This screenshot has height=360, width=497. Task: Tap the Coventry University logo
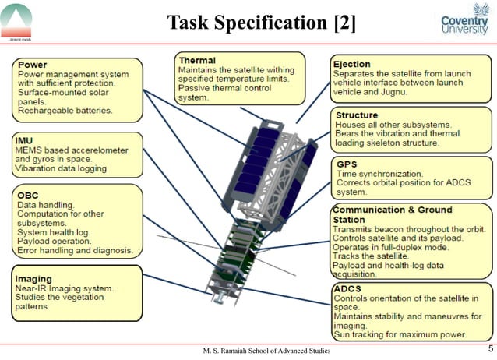click(x=464, y=23)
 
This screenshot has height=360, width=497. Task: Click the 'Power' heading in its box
click(x=32, y=65)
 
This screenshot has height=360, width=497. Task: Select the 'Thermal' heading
click(x=197, y=60)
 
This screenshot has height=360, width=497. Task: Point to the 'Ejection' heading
click(x=352, y=64)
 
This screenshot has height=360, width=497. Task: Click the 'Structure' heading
click(x=357, y=115)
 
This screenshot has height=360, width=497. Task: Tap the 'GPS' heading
click(x=347, y=164)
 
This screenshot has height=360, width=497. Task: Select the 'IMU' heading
click(x=25, y=139)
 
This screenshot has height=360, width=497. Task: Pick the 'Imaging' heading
click(x=34, y=278)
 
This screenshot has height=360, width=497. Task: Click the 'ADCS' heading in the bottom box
click(x=347, y=289)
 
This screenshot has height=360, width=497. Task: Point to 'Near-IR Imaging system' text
click(x=65, y=288)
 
